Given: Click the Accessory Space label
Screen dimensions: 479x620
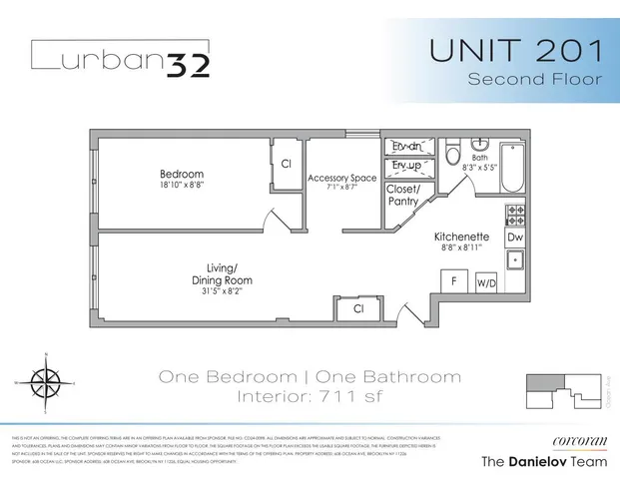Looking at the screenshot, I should [341, 178].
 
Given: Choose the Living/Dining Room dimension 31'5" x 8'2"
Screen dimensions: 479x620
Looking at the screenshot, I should [229, 292].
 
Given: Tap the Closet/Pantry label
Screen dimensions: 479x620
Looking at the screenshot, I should [403, 195].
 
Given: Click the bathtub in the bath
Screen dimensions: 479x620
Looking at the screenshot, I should [509, 167].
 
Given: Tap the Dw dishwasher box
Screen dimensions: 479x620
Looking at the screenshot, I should [515, 239].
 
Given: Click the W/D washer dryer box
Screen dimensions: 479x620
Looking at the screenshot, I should [487, 284].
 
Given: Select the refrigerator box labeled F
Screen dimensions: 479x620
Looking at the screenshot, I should [454, 282].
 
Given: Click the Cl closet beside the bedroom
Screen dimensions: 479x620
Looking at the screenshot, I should [286, 164].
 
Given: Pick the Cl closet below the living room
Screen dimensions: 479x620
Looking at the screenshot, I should [358, 310].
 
